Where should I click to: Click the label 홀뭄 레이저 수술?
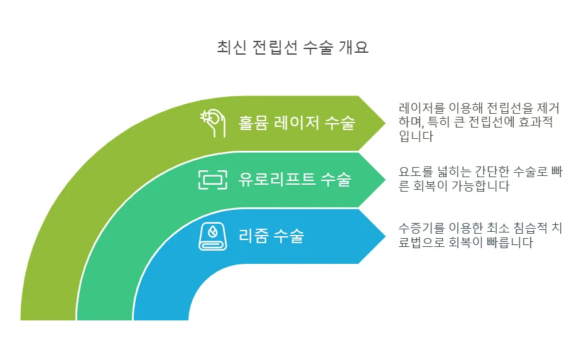tap(296, 123)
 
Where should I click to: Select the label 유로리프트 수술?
tap(295, 180)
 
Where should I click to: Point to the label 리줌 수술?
tap(271, 236)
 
